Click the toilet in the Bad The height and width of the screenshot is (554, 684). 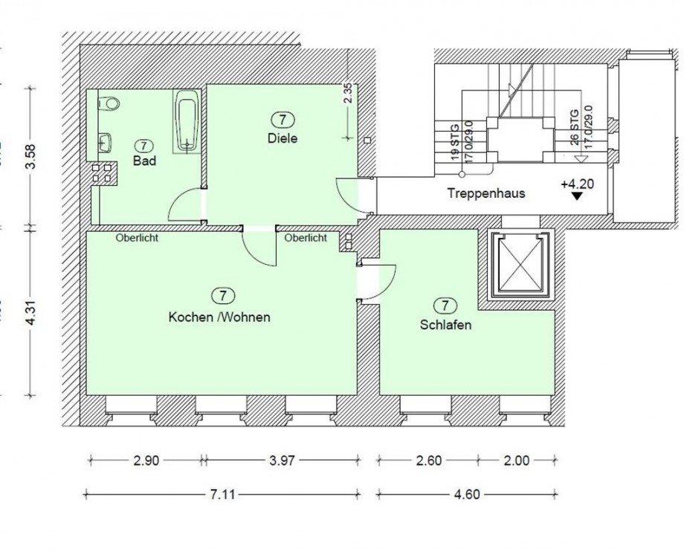pos(109,103)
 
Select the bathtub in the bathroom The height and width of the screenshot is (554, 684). pos(185,120)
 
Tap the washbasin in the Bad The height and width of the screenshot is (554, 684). pos(106,141)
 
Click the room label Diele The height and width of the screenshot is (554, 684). pos(283,138)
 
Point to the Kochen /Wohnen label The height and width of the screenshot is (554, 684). pos(219,317)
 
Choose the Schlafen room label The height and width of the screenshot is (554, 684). pos(445,325)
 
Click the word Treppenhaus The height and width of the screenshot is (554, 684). pos(486,193)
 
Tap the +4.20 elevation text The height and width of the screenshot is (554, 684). pos(577,183)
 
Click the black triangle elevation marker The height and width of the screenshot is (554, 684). pos(576,197)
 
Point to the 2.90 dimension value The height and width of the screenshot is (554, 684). pos(146,460)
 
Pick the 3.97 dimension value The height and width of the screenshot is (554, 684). pos(282,460)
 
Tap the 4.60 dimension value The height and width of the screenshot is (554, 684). pos(466,494)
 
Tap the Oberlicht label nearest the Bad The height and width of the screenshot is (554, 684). pos(137,239)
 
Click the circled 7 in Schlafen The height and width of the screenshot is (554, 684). pos(445,306)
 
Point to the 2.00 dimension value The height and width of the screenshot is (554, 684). pos(516,460)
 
